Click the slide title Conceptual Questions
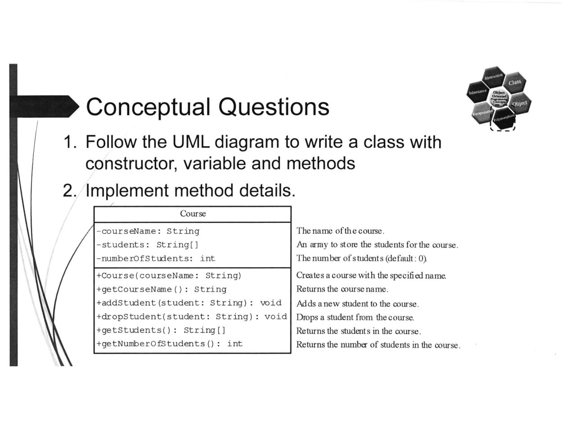[207, 107]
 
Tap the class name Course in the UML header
[193, 214]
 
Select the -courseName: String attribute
[148, 231]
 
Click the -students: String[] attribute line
[147, 245]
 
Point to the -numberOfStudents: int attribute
[156, 259]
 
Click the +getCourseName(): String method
[161, 289]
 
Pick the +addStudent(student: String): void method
[189, 303]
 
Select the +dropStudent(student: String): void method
[191, 316]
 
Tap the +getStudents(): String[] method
[161, 330]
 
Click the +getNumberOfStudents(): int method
[169, 344]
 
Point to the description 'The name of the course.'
[340, 231]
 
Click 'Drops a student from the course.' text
[355, 318]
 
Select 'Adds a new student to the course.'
[357, 304]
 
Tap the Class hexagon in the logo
[514, 82]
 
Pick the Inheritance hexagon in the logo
[477, 92]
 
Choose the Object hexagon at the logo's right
[519, 104]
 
